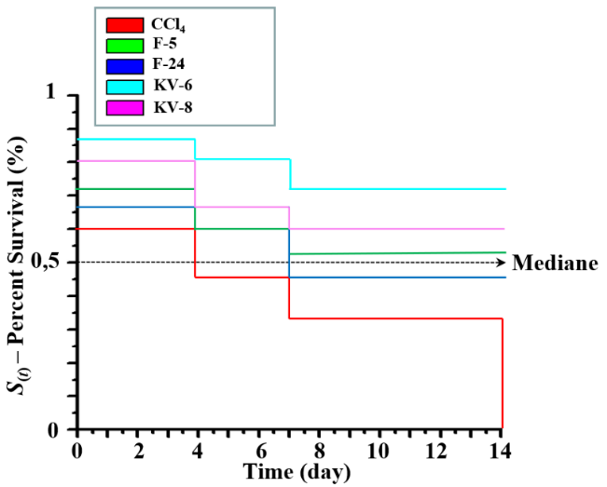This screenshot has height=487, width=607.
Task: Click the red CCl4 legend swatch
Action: [124, 24]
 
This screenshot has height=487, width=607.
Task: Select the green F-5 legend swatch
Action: [124, 45]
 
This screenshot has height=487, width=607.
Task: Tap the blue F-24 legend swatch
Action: [124, 65]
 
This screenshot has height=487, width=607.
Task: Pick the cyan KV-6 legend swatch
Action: [124, 86]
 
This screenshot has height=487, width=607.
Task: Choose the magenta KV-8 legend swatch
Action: [124, 106]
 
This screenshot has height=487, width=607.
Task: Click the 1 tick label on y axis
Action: [50, 94]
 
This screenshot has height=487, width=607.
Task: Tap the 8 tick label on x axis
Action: [320, 451]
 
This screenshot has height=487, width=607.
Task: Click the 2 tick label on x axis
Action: [139, 451]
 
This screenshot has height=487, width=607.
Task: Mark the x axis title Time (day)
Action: [297, 472]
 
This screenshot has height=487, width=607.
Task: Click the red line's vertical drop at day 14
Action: [503, 372]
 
